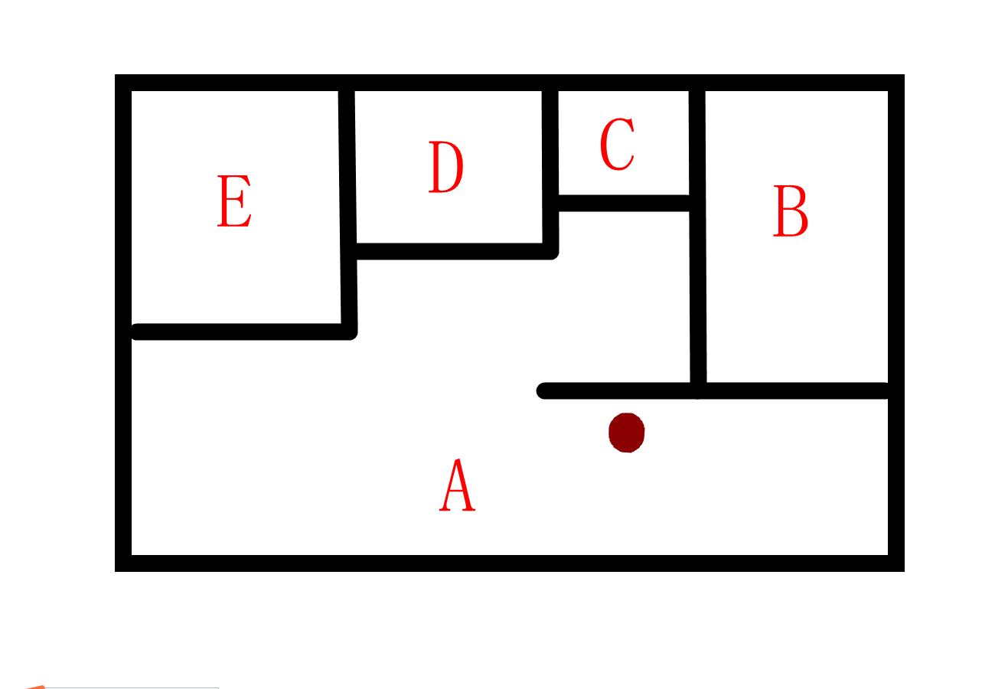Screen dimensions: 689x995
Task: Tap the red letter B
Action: [x=791, y=211]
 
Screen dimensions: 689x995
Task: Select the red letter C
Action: [x=617, y=144]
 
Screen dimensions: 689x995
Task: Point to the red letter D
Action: [x=445, y=167]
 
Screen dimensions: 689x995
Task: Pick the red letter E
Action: [x=234, y=201]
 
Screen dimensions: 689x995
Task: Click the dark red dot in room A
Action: [x=627, y=433]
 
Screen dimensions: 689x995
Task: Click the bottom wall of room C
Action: [x=624, y=203]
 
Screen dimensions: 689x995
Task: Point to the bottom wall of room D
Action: [x=452, y=251]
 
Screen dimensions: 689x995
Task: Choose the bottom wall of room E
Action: [x=237, y=331]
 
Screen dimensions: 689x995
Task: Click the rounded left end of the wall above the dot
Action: [x=544, y=391]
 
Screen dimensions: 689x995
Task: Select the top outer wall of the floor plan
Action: [x=509, y=83]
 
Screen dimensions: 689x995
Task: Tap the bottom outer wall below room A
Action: [x=509, y=563]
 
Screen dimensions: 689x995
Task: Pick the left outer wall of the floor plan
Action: [x=123, y=322]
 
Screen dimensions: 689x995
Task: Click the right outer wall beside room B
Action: [x=896, y=230]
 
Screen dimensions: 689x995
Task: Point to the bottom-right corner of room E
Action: [x=349, y=331]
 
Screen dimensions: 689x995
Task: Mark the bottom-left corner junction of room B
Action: [x=698, y=390]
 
